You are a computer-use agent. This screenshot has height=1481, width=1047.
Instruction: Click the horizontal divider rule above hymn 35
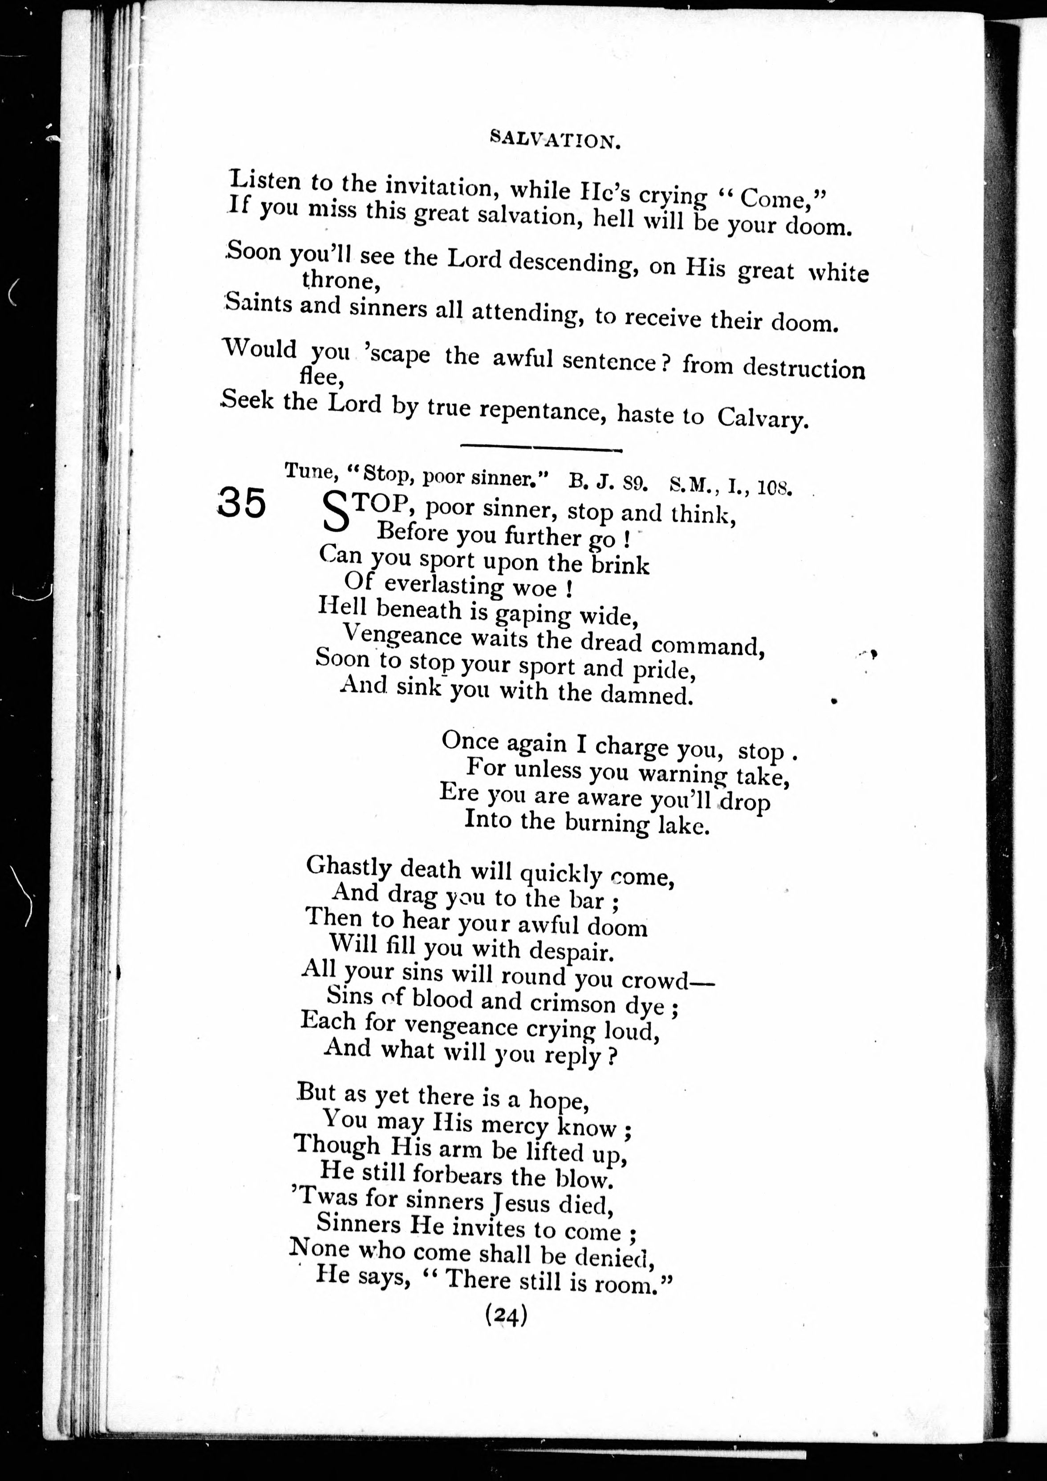click(x=540, y=447)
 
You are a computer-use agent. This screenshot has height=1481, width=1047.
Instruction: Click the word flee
click(x=321, y=376)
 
